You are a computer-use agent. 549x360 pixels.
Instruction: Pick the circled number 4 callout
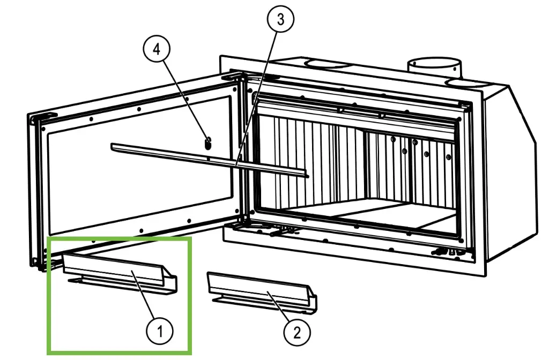[x=156, y=50]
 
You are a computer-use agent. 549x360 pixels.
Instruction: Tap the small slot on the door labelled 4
[x=209, y=142]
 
